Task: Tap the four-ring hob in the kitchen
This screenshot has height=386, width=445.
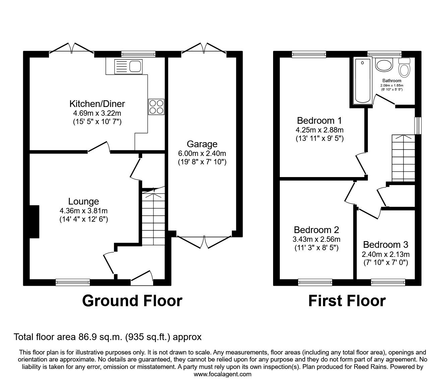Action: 156,107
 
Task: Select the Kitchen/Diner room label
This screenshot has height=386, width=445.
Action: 97,103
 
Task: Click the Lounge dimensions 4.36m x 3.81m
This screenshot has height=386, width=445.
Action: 83,211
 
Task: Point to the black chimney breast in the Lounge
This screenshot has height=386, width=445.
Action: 34,222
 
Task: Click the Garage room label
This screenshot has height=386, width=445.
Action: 202,144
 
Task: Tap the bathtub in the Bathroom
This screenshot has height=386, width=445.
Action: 363,80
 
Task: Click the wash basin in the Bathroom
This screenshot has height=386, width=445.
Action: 384,65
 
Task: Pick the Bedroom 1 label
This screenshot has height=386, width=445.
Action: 319,120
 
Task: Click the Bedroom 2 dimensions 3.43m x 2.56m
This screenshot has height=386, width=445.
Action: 316,239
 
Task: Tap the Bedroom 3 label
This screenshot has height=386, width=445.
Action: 385,244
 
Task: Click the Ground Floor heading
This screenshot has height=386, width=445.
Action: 132,301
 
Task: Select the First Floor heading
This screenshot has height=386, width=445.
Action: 347,301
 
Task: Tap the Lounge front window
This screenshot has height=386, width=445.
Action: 73,282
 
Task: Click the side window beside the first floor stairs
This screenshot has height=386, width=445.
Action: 418,125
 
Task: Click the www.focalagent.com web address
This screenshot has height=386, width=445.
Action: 222,374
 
